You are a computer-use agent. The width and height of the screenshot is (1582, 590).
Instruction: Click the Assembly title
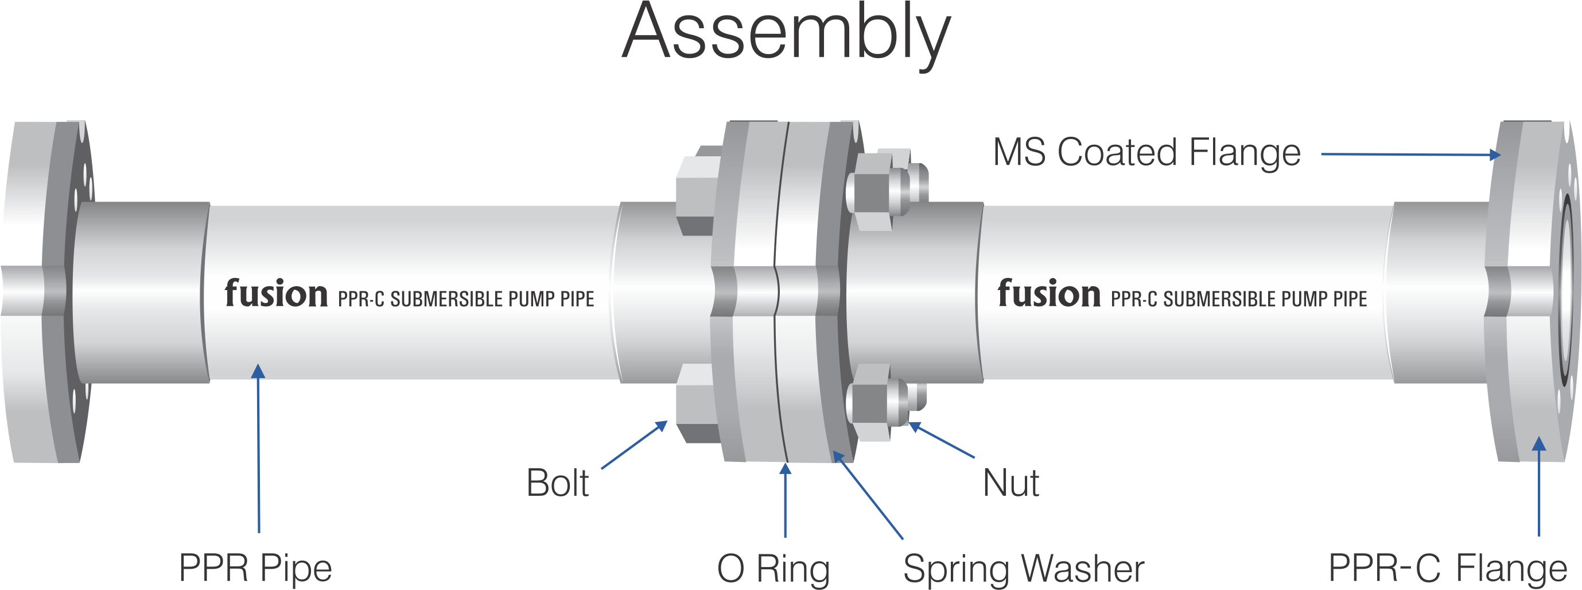pyautogui.click(x=786, y=34)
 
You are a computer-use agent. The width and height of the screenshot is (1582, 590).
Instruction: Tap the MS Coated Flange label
pyautogui.click(x=1146, y=152)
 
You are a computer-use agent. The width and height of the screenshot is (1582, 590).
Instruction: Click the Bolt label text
pyautogui.click(x=557, y=483)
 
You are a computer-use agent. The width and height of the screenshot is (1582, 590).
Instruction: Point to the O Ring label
pyautogui.click(x=773, y=569)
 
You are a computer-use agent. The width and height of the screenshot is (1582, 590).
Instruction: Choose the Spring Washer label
pyautogui.click(x=1023, y=569)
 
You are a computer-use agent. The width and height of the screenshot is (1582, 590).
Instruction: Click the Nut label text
pyautogui.click(x=1010, y=483)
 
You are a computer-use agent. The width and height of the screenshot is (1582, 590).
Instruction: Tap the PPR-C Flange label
pyautogui.click(x=1448, y=569)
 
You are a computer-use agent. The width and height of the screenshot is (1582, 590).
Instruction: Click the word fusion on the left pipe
pyautogui.click(x=276, y=294)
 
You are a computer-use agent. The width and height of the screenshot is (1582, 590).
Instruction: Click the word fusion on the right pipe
pyautogui.click(x=1048, y=294)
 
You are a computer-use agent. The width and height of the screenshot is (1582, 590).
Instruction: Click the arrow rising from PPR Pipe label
pyautogui.click(x=259, y=449)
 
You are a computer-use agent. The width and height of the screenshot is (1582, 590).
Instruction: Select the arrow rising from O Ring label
pyautogui.click(x=785, y=500)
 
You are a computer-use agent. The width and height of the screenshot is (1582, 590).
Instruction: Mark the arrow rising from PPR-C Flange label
pyautogui.click(x=1538, y=485)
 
